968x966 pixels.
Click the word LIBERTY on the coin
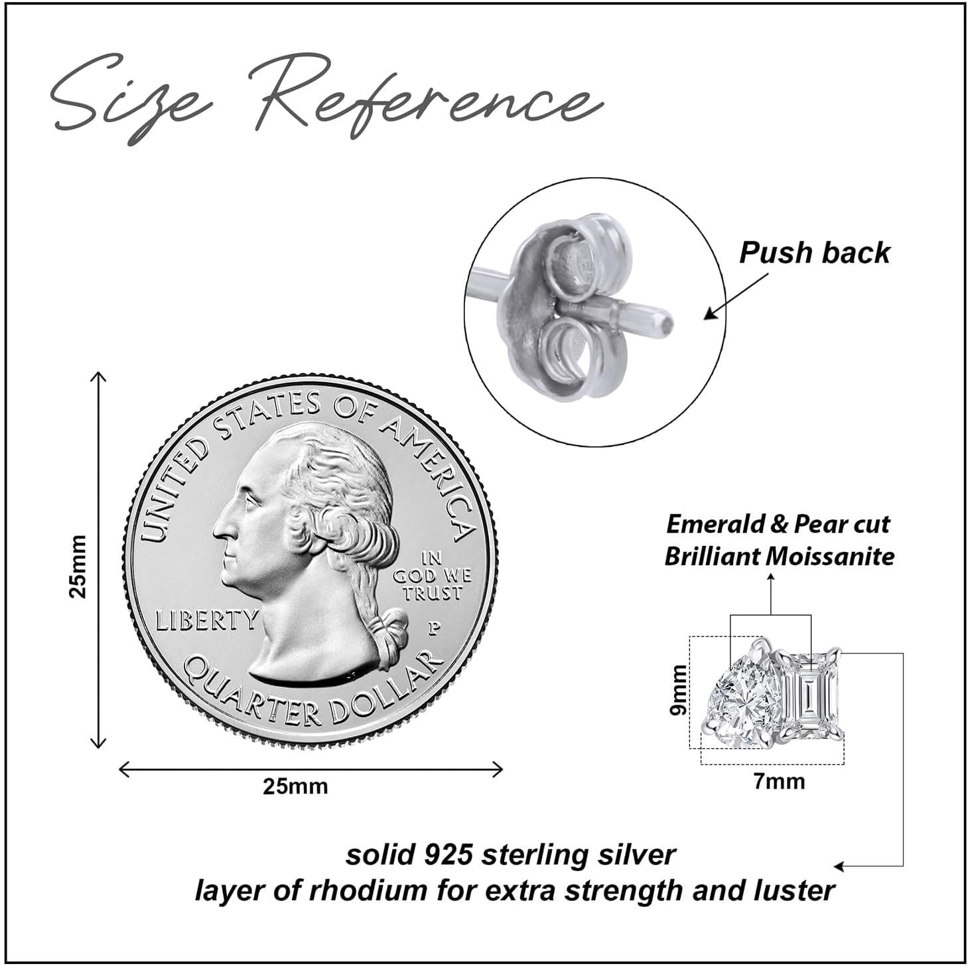coord(207,620)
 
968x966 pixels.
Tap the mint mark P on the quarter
coord(435,627)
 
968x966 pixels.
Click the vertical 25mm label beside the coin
coord(78,566)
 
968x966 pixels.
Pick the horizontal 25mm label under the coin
coord(295,787)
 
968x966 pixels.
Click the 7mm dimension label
coord(779,782)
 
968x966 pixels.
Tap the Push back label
coord(814,253)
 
